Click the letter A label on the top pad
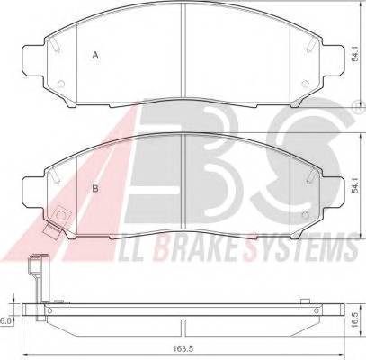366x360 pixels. [95, 56]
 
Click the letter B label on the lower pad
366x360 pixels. [95, 190]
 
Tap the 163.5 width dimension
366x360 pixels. [183, 348]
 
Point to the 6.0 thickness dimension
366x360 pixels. [6, 319]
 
